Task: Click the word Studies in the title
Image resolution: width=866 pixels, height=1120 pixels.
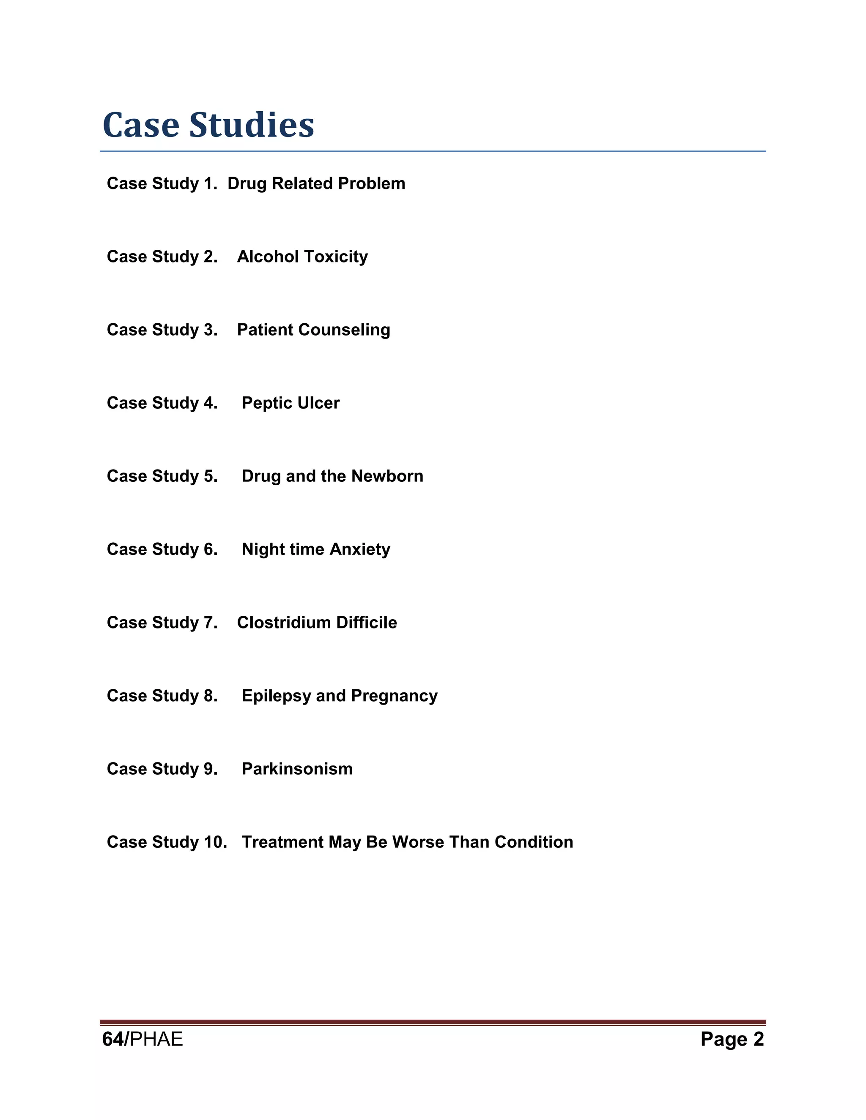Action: click(x=252, y=125)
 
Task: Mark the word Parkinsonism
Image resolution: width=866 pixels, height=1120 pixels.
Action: click(x=297, y=769)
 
